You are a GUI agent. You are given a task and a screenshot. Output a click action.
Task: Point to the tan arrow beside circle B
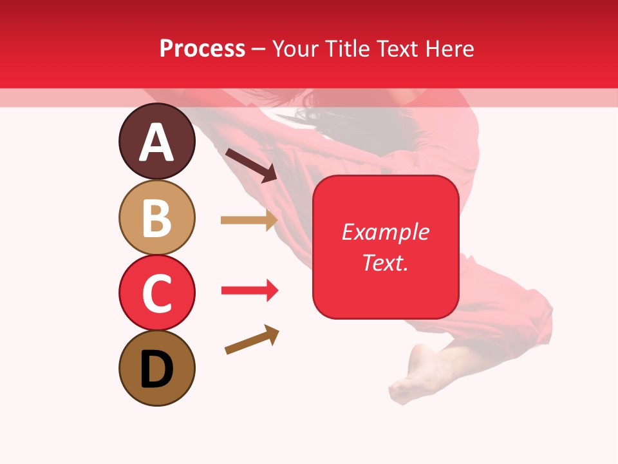click(x=248, y=220)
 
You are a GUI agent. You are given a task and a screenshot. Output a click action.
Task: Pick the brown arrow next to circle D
click(x=252, y=340)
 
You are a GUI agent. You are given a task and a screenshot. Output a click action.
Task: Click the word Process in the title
click(x=202, y=49)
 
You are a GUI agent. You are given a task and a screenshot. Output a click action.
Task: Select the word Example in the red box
click(x=385, y=232)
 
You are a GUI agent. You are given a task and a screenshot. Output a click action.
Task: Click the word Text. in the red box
click(x=385, y=262)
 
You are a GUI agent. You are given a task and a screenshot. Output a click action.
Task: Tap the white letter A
click(x=156, y=142)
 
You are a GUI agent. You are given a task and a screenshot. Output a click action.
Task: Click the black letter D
click(x=156, y=369)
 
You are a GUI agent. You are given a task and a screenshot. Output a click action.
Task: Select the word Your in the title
click(x=294, y=49)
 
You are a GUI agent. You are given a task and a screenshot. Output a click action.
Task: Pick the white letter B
click(x=156, y=218)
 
